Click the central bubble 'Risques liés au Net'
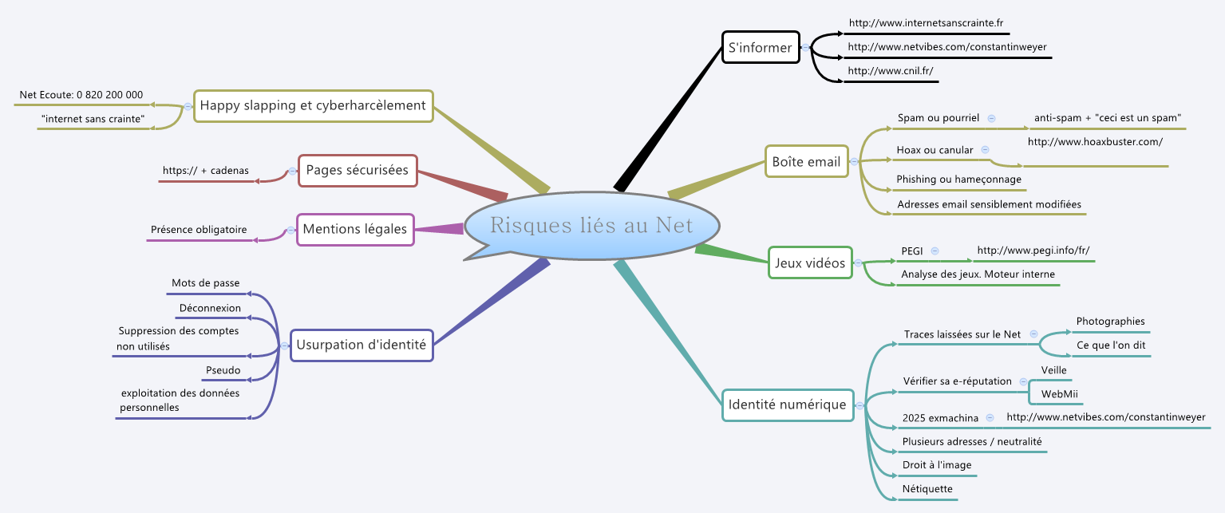pyautogui.click(x=591, y=226)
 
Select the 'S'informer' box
pyautogui.click(x=760, y=48)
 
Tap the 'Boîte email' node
pyautogui.click(x=806, y=162)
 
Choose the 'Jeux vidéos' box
pyautogui.click(x=810, y=262)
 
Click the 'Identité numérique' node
pyautogui.click(x=787, y=404)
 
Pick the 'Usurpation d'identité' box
pyautogui.click(x=362, y=345)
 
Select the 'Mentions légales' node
pyautogui.click(x=355, y=230)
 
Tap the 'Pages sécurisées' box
pyautogui.click(x=358, y=170)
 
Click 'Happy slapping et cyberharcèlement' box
pyautogui.click(x=313, y=105)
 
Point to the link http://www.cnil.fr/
pyautogui.click(x=890, y=71)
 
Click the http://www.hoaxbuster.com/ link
pyautogui.click(x=1095, y=142)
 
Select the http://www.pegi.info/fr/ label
pyautogui.click(x=1033, y=251)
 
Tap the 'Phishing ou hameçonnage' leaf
pyautogui.click(x=958, y=180)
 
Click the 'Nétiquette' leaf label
pyautogui.click(x=927, y=489)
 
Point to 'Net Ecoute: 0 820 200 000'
pyautogui.click(x=81, y=95)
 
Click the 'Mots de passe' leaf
pyautogui.click(x=205, y=283)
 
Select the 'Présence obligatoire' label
pyautogui.click(x=199, y=230)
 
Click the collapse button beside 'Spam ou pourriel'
pyautogui.click(x=992, y=118)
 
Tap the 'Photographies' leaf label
pyautogui.click(x=1110, y=322)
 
